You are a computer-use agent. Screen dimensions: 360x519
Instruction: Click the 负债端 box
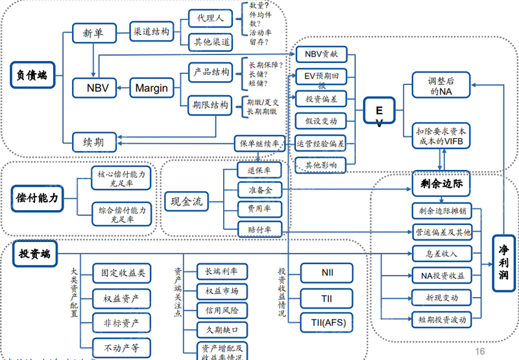[32, 75]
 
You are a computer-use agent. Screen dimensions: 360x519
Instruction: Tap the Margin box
[151, 88]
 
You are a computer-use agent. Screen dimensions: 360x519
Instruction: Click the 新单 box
[93, 33]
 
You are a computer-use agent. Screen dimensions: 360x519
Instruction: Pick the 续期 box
[93, 141]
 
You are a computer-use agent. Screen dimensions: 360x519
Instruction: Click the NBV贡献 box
[320, 54]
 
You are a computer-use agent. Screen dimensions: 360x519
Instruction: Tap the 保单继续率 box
[259, 143]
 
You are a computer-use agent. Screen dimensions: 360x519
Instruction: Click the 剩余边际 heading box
[441, 184]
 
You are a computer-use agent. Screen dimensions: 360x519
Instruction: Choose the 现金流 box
[183, 202]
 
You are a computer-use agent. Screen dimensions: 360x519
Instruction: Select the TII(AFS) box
[327, 322]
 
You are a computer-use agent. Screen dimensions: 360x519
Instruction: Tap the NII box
[327, 272]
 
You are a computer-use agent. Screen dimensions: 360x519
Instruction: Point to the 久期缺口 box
[221, 330]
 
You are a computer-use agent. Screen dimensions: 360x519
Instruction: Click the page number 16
[480, 351]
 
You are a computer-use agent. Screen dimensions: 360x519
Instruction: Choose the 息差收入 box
[441, 254]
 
